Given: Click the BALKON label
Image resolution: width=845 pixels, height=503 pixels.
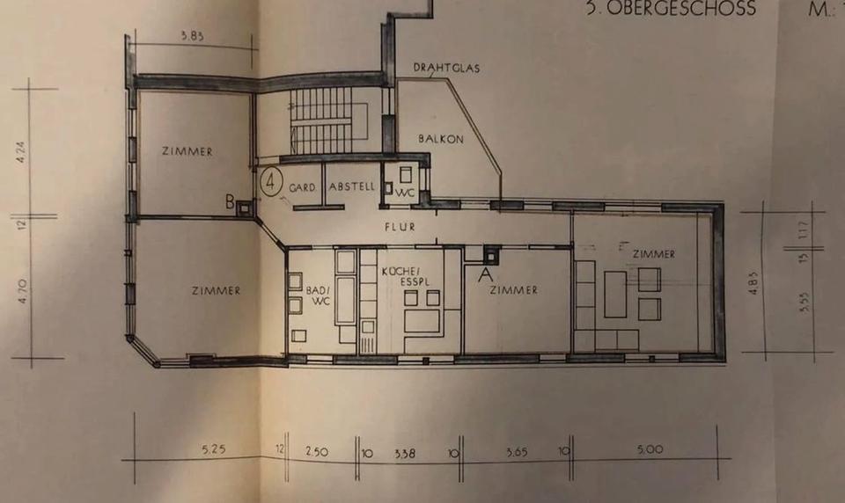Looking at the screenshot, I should [436, 138].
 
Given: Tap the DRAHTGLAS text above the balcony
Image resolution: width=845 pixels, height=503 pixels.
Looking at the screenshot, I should [446, 69].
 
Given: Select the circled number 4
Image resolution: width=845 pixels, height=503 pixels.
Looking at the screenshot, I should [272, 183].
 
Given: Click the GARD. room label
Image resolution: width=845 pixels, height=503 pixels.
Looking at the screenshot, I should [302, 187].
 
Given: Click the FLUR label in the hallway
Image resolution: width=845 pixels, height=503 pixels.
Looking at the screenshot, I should [399, 225].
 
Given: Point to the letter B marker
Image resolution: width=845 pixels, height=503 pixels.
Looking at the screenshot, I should [230, 204].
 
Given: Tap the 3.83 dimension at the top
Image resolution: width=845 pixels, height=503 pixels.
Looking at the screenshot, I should [192, 36].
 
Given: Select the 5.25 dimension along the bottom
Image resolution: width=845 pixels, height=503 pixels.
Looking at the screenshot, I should [213, 448].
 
